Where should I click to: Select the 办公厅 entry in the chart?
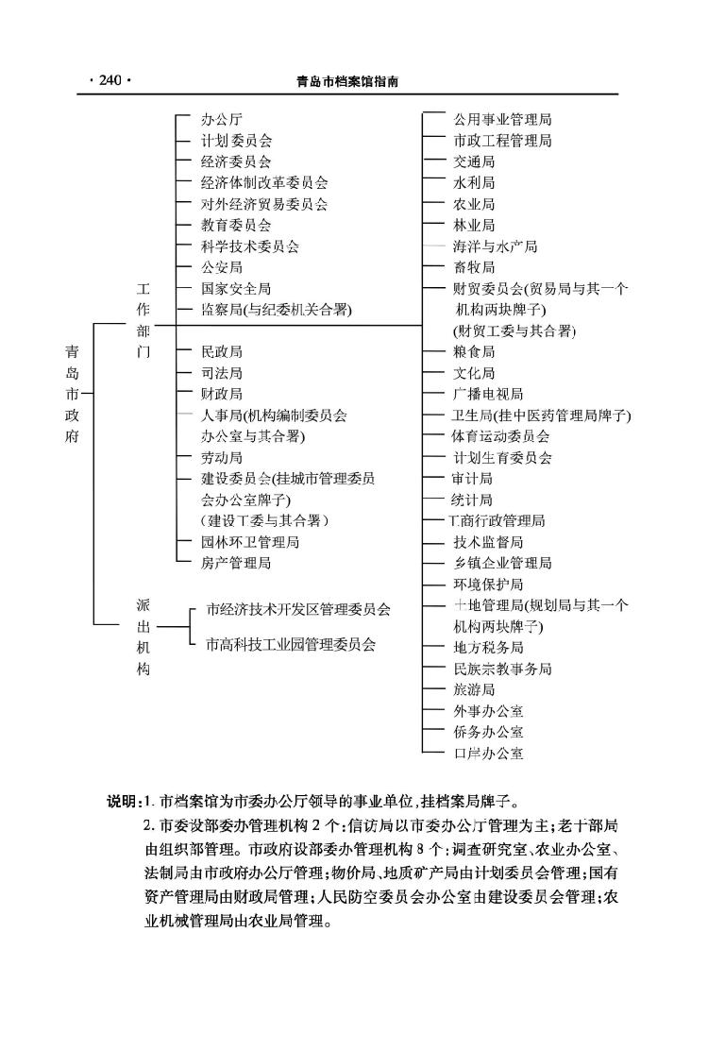click(222, 120)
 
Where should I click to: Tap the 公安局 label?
click(222, 267)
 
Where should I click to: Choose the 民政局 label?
click(222, 351)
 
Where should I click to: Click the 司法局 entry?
click(222, 373)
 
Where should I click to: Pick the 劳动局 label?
click(222, 458)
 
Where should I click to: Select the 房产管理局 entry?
click(236, 564)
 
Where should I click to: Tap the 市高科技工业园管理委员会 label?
click(291, 644)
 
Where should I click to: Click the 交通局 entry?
click(473, 161)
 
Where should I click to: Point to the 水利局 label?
click(473, 183)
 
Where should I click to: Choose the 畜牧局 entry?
click(473, 267)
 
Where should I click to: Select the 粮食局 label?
click(473, 351)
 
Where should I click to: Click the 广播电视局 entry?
click(487, 394)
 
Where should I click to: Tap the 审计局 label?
click(473, 479)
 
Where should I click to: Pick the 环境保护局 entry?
click(487, 585)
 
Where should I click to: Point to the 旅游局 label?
click(473, 690)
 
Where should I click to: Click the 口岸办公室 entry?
click(487, 754)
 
